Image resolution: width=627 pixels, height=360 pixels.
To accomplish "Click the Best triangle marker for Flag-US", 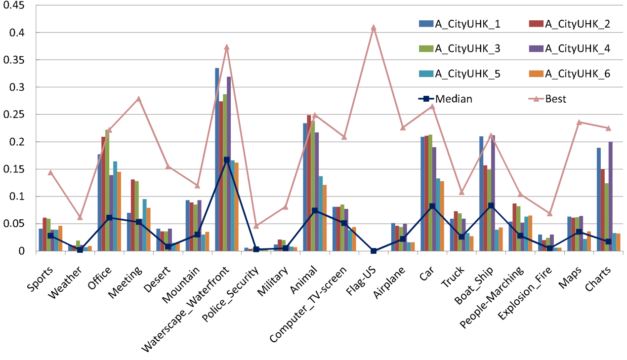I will (374, 28).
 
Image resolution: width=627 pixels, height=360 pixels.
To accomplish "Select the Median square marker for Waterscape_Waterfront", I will (227, 160).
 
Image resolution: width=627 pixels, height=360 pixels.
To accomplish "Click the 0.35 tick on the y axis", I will (19, 60).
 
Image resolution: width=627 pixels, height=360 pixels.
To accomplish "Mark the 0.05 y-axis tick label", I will (19, 224).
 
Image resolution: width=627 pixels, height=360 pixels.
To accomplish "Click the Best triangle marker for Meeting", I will (138, 99).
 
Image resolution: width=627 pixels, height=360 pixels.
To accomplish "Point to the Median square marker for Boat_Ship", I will (491, 205).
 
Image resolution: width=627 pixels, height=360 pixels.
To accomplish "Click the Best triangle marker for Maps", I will (580, 122).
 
